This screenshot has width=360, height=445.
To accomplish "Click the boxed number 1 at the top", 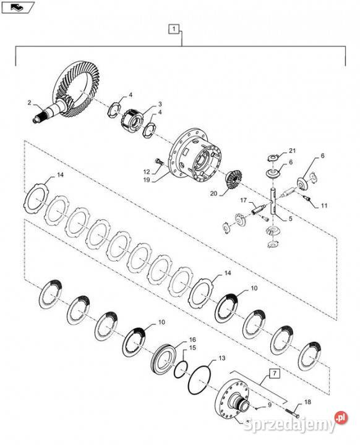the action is [174, 28].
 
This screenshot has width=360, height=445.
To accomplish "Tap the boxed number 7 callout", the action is [274, 373].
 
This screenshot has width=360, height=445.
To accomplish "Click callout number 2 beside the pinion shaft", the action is [30, 103].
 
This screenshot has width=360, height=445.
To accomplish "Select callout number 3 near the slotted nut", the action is [160, 104].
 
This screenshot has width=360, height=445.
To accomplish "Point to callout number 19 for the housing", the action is [147, 180].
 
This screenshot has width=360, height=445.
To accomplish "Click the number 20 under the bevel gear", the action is [213, 194].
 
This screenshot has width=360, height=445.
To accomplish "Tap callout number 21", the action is [293, 150].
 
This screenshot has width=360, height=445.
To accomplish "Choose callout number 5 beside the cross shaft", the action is [290, 219].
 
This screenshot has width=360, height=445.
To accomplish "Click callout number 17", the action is [244, 200].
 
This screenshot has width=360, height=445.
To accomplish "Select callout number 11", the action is [324, 205].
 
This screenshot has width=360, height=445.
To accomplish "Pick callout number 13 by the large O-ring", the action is [221, 358].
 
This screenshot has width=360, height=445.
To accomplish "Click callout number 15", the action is [192, 347].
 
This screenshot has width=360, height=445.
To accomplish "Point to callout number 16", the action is [192, 340].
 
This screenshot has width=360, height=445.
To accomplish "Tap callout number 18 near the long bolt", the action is [307, 402].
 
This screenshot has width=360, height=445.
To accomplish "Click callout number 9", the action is [270, 405].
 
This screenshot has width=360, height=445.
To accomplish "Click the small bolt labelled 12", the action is [158, 162].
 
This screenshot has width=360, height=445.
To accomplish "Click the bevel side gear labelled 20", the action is [233, 179].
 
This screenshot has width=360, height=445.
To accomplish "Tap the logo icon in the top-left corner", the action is [17, 7].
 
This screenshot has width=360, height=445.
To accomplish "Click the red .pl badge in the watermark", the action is [341, 417].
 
